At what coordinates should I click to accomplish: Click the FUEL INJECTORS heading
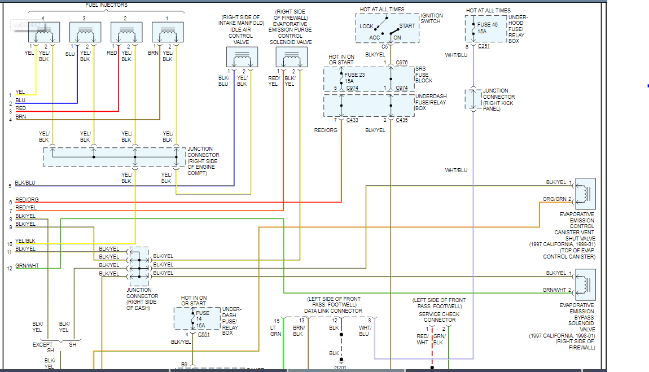click(x=107, y=5)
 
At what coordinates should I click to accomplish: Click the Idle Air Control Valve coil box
click(x=242, y=58)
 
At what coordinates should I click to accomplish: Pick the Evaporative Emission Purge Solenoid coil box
click(x=291, y=58)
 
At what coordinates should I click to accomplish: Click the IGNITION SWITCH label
click(x=432, y=19)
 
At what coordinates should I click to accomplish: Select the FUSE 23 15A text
click(x=356, y=77)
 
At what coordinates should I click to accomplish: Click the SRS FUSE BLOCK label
click(x=424, y=75)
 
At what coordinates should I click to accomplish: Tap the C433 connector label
click(x=353, y=120)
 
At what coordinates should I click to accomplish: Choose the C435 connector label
click(x=402, y=120)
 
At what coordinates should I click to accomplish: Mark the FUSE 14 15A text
click(x=203, y=319)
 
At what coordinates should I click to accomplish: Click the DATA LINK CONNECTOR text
click(x=334, y=310)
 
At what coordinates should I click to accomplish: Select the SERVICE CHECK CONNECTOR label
click(x=439, y=317)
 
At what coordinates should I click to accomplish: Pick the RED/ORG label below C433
click(x=326, y=130)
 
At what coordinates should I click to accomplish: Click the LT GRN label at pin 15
click(x=276, y=330)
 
